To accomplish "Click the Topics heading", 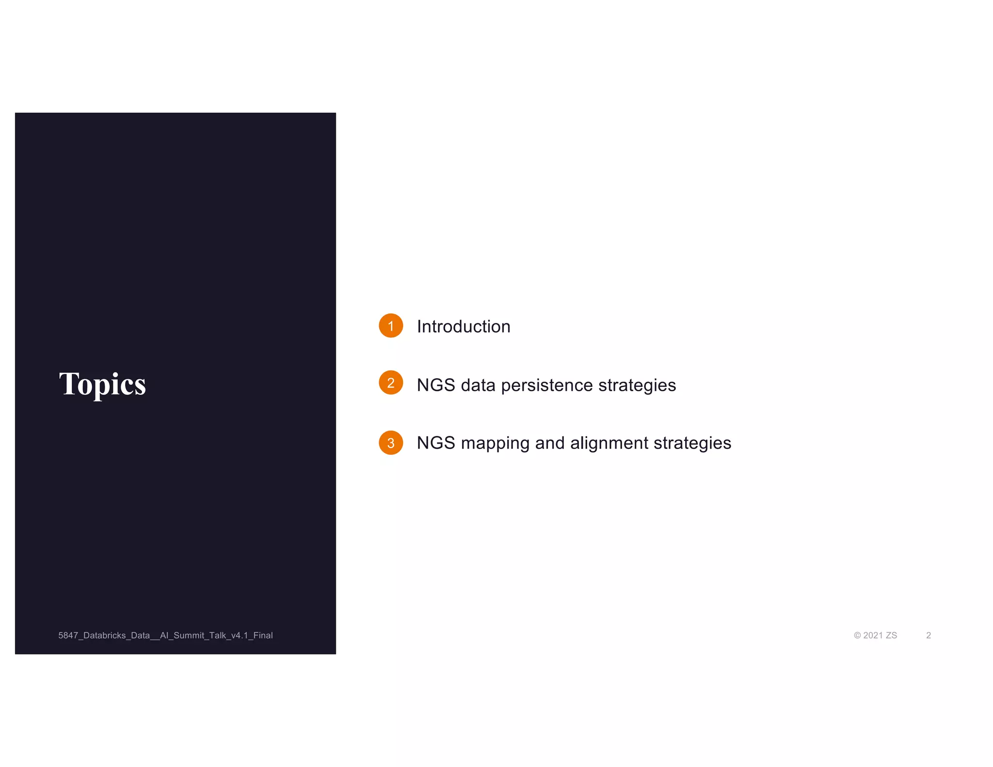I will click(102, 383).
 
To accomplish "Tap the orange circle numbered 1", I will click(391, 326).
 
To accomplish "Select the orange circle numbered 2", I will click(391, 383).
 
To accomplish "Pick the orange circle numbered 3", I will click(391, 443).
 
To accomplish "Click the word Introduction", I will click(464, 327).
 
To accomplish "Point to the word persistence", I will click(546, 385).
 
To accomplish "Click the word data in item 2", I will click(478, 385).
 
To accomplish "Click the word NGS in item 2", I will click(436, 385).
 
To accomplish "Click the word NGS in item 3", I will click(436, 443).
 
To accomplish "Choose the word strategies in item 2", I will click(637, 385).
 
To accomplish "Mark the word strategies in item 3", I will click(692, 443).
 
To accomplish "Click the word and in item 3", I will click(550, 443).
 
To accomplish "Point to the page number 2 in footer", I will click(929, 636).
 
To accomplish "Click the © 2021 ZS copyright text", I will click(875, 636).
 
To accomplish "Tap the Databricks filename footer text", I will click(165, 636).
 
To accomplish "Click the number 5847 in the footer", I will click(68, 636).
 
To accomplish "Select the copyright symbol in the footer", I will click(857, 636).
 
